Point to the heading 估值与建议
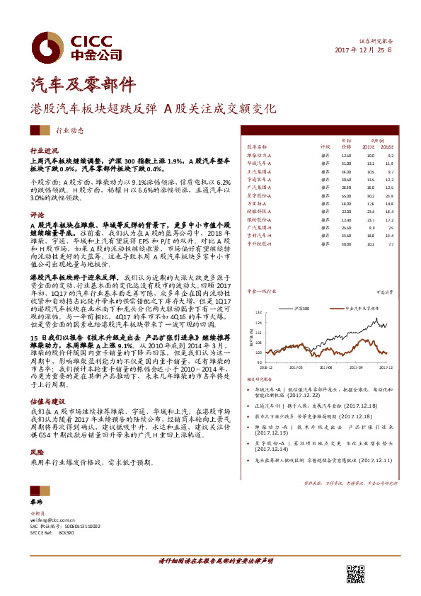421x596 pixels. pos(46,401)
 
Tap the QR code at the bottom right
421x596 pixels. pos(355,574)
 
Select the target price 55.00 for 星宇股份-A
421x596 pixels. pos(346,195)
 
